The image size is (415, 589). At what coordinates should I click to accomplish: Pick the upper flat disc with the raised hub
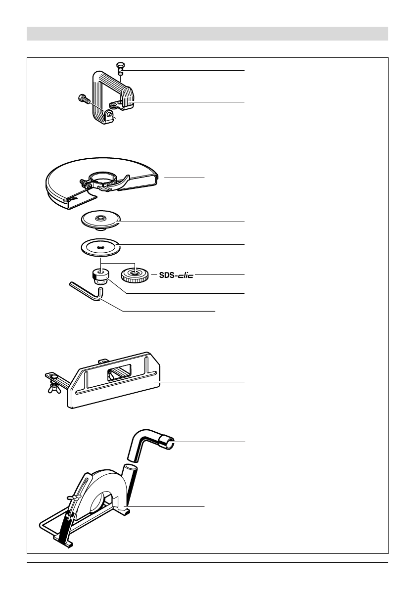point(101,219)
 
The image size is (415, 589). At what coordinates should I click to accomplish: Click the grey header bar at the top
point(207,34)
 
